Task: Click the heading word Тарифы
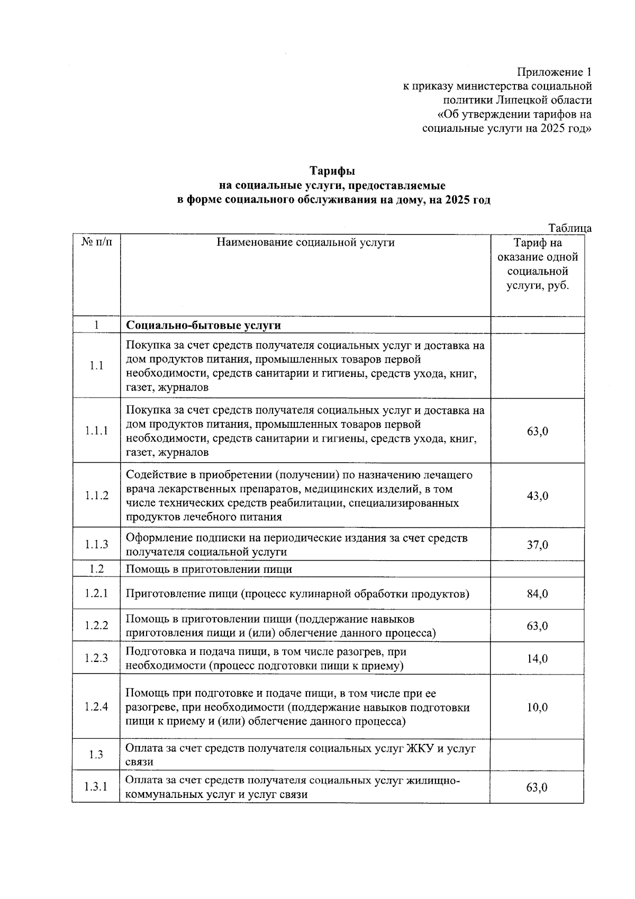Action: (x=332, y=171)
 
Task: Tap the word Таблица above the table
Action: (x=570, y=228)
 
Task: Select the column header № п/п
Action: (x=96, y=242)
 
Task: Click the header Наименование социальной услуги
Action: (x=305, y=242)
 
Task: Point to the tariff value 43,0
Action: (x=537, y=496)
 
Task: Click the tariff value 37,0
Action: (x=537, y=545)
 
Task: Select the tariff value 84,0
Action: (x=537, y=594)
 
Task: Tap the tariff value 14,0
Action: (x=537, y=659)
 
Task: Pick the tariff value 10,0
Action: (x=537, y=707)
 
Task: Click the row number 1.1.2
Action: (x=96, y=496)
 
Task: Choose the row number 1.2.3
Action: (x=96, y=658)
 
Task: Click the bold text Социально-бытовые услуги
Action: (x=203, y=325)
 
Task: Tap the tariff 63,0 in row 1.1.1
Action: (x=537, y=431)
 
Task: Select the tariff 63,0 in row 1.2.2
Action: (x=537, y=626)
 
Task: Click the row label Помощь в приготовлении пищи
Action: (x=208, y=569)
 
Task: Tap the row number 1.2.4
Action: (x=96, y=707)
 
